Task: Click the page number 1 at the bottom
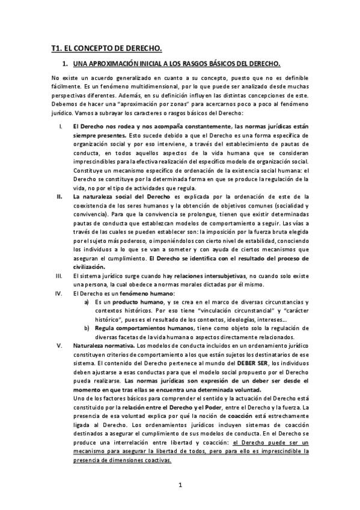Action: (180, 485)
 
